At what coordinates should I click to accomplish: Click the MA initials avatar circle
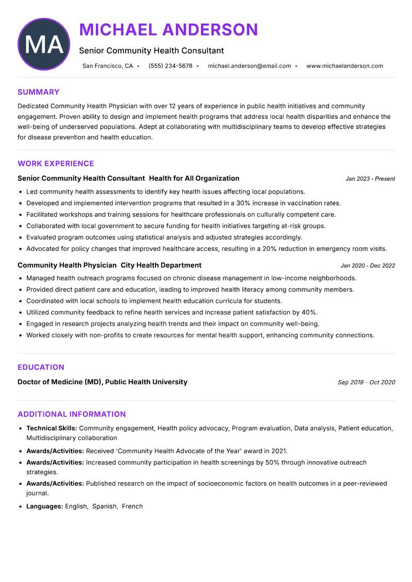click(x=44, y=44)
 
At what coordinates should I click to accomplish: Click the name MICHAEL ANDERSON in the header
click(x=168, y=30)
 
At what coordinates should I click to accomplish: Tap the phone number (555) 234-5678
click(x=170, y=66)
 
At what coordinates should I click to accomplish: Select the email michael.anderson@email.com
click(x=249, y=66)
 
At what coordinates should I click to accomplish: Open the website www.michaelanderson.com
click(x=345, y=66)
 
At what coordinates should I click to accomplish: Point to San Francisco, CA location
click(x=108, y=66)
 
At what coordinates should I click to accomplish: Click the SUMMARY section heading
click(x=39, y=92)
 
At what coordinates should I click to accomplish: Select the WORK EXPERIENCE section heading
click(x=56, y=164)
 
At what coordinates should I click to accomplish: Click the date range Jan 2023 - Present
click(x=370, y=179)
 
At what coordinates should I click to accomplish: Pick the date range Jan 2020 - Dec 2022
click(x=368, y=266)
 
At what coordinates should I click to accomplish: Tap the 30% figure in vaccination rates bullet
click(x=245, y=203)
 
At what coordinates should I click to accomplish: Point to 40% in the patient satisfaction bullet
click(x=309, y=313)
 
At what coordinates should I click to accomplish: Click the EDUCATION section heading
click(x=41, y=367)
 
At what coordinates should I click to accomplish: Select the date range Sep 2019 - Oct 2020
click(x=366, y=382)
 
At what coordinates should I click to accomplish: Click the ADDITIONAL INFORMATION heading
click(x=72, y=414)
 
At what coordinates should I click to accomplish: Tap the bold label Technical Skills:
click(x=51, y=428)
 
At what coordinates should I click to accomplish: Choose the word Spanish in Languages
click(x=105, y=506)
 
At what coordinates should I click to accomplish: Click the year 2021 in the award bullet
click(x=278, y=451)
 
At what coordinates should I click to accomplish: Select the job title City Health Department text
click(x=161, y=265)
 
